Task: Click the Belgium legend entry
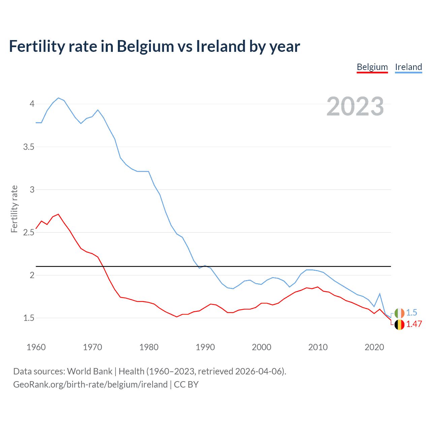(372, 67)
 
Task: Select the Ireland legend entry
(408, 67)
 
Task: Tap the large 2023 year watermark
(355, 106)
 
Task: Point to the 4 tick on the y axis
(32, 104)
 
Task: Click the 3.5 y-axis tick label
(29, 147)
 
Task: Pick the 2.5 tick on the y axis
(29, 232)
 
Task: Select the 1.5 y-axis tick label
(29, 318)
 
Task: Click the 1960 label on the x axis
(36, 347)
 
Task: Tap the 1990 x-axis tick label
(205, 347)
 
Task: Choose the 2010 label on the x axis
(318, 347)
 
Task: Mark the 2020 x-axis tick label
(374, 347)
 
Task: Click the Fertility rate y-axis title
(14, 209)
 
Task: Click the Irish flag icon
(399, 313)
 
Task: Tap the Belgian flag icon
(399, 325)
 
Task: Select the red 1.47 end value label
(414, 324)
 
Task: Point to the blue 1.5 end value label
(411, 312)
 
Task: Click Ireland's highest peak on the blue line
(58, 98)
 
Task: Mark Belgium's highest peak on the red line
(58, 214)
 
